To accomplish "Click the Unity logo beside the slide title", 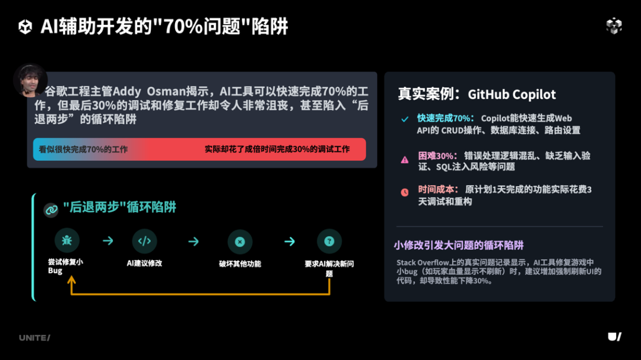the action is point(26,27).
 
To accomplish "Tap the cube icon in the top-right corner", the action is point(614,26).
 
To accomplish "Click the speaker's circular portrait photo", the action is point(30,80).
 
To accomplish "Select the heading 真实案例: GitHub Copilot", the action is point(477,94).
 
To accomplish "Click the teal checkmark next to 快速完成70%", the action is point(405,119).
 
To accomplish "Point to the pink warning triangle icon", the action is point(405,160).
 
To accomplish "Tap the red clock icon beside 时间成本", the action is point(405,192).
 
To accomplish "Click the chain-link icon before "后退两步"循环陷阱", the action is point(51,209).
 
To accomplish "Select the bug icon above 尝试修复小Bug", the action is point(67,241).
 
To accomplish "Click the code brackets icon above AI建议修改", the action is point(144,241).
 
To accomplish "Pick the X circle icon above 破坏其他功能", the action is point(240,242).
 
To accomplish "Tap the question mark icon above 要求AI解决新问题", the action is point(329,241).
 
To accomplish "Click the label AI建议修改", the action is point(144,263).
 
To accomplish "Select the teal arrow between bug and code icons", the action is point(107,241).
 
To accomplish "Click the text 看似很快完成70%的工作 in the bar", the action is point(84,149).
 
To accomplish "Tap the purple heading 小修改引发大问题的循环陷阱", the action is point(459,245).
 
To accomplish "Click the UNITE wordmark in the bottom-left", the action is point(34,337).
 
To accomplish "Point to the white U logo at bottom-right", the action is point(614,337).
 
